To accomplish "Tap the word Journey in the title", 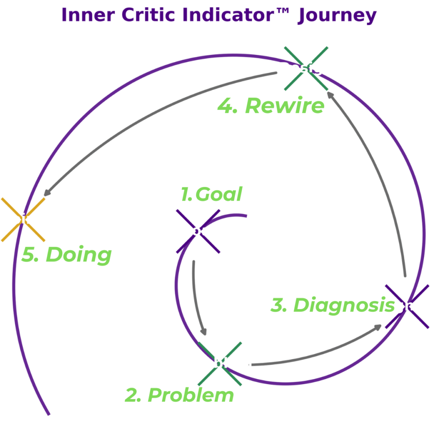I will tap(337, 15).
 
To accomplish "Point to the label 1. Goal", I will tap(211, 194).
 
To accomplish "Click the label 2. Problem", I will tap(179, 395).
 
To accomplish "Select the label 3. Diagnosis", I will tap(332, 305).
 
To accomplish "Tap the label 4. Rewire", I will tap(271, 106).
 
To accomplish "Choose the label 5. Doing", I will tap(66, 255).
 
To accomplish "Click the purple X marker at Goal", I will tap(198, 232).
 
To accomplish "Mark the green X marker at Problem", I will tap(219, 364).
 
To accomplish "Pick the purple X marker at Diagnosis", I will tap(407, 307).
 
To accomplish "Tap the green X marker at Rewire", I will tap(306, 69).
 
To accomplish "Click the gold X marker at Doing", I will tap(23, 219).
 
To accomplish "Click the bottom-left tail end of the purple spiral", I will tap(48, 413).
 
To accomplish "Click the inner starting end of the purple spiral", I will tap(246, 216).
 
